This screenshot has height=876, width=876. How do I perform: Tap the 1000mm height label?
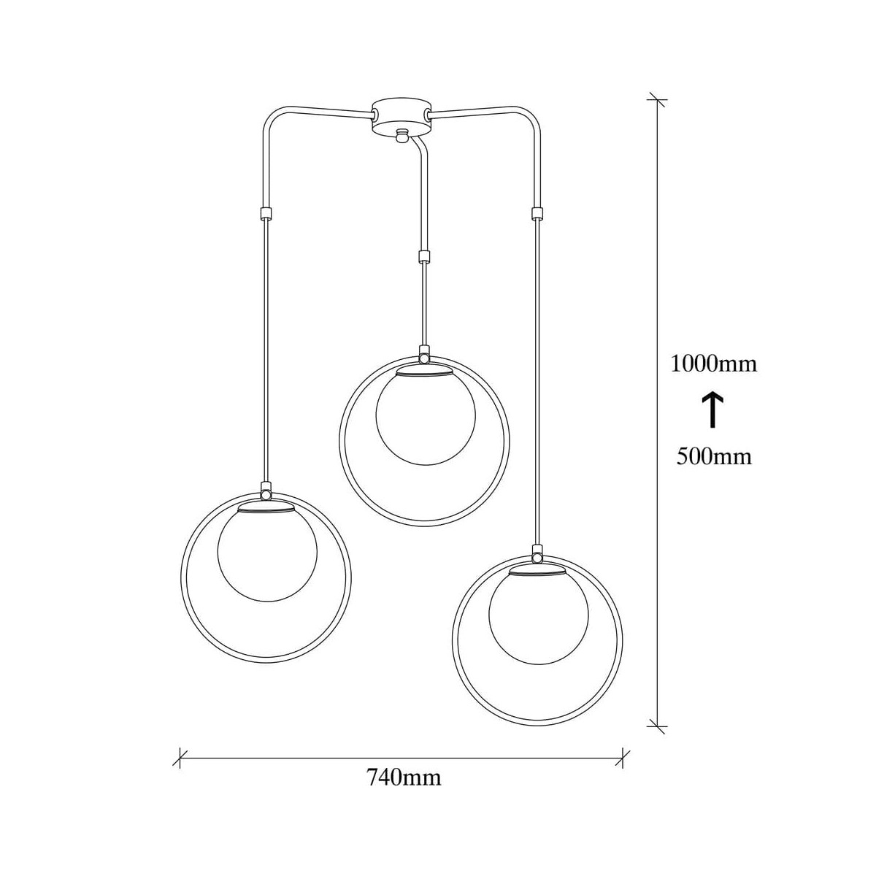(x=714, y=364)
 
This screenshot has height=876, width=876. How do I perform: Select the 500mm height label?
(x=714, y=456)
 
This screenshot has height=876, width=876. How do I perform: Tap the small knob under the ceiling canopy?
(x=401, y=136)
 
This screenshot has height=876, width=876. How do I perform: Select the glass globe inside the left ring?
(x=267, y=554)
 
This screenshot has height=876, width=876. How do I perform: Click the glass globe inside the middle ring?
(x=425, y=418)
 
